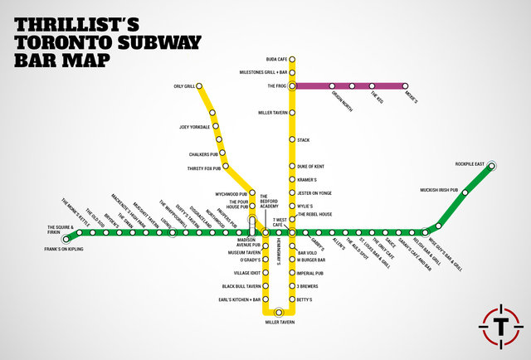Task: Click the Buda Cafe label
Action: pyautogui.click(x=276, y=60)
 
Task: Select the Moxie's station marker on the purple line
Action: pyautogui.click(x=406, y=85)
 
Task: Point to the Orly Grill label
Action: pyautogui.click(x=184, y=85)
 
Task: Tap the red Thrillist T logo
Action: pyautogui.click(x=500, y=326)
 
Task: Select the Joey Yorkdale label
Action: pyautogui.click(x=194, y=126)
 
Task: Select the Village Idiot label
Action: pyautogui.click(x=247, y=273)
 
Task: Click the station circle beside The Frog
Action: pyautogui.click(x=292, y=85)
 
